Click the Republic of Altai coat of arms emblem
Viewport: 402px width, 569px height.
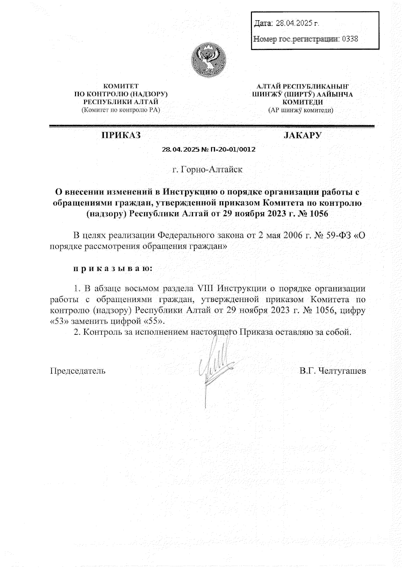coord(208,59)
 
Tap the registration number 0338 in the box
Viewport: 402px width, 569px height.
coord(350,39)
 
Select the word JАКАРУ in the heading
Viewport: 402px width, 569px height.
coord(303,135)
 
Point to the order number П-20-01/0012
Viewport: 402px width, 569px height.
coord(232,149)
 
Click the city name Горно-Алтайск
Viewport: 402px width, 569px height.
coord(211,170)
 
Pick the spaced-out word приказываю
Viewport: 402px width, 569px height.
coord(113,268)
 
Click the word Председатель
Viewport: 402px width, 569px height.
coord(77,371)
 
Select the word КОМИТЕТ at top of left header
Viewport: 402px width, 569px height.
coord(121,86)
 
